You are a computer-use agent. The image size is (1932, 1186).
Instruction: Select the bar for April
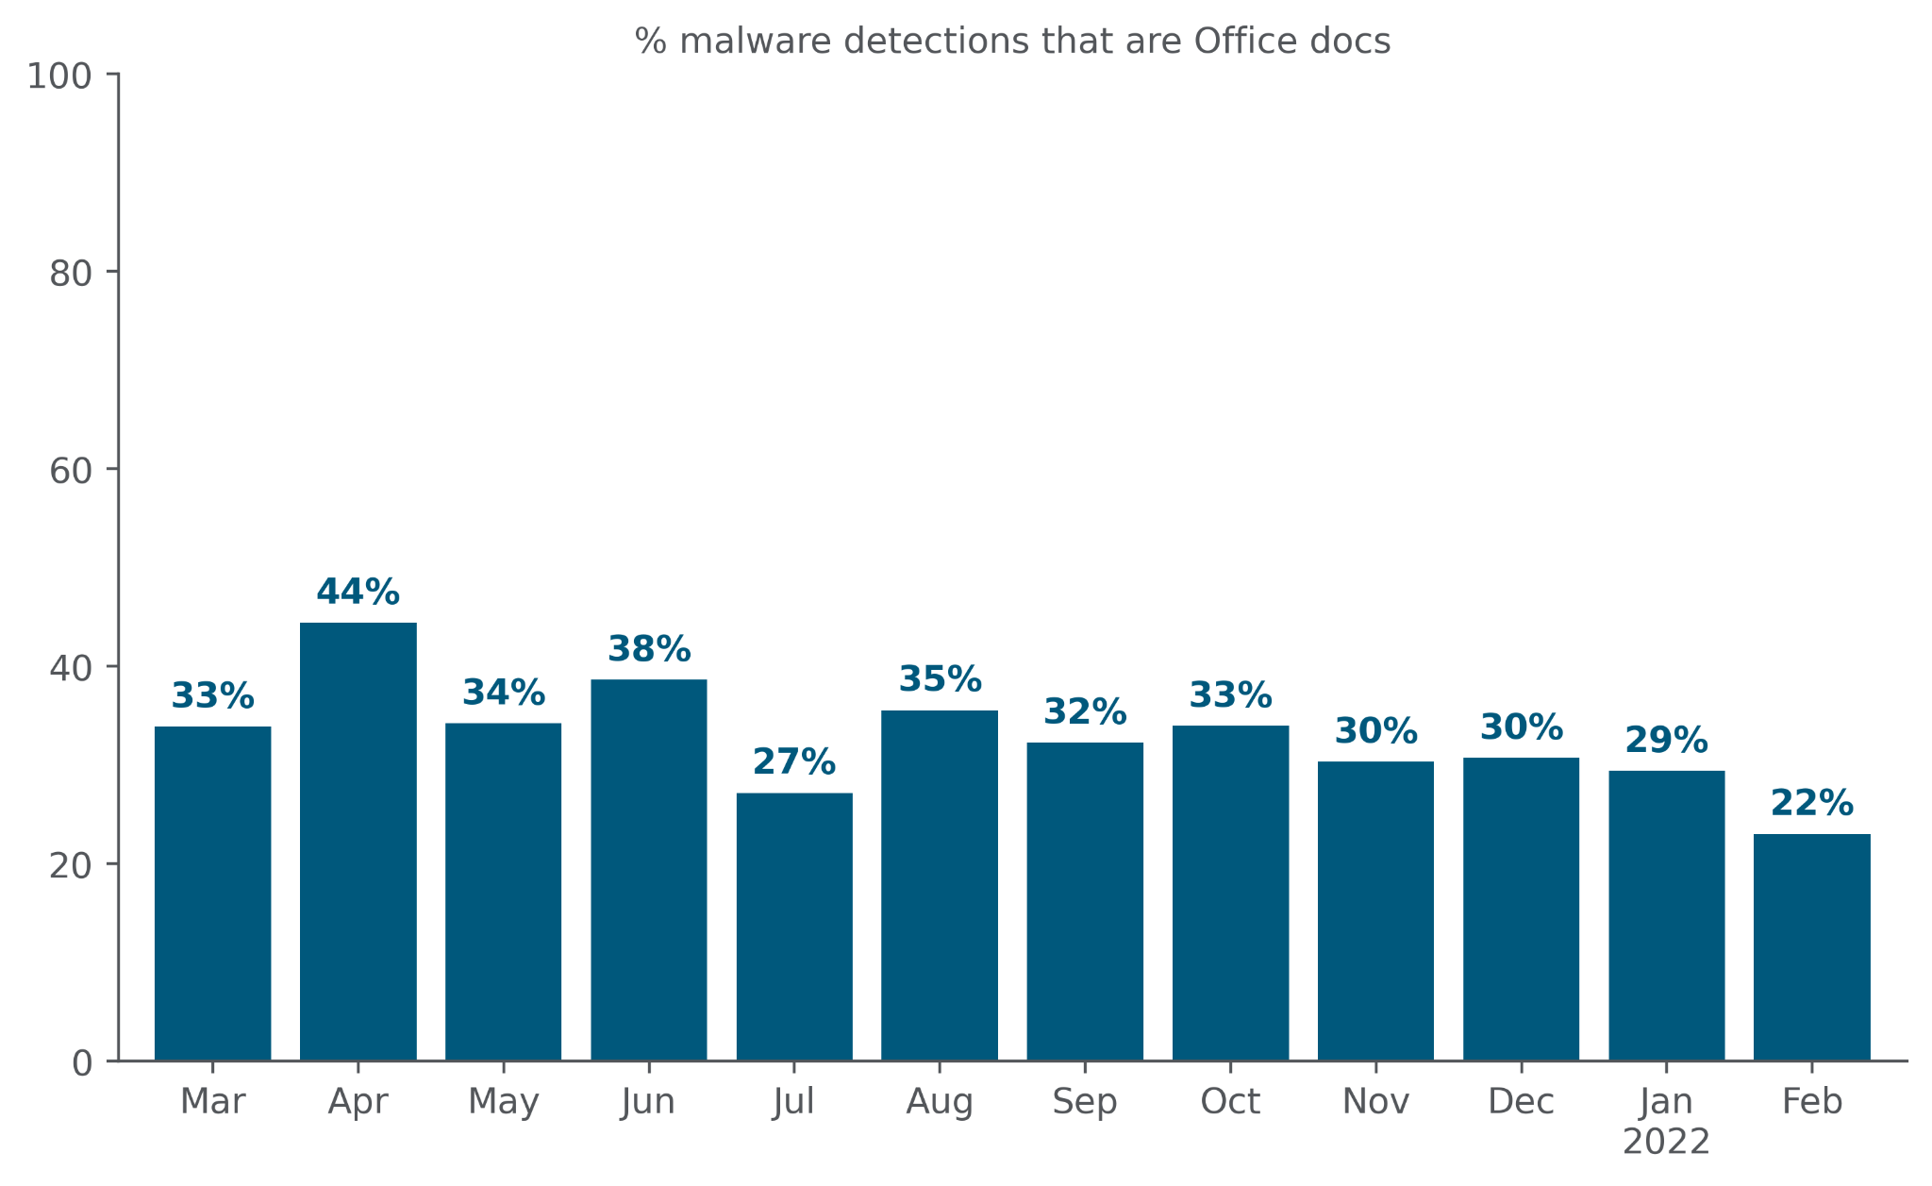coord(358,841)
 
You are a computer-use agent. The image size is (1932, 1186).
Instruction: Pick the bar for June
coord(649,869)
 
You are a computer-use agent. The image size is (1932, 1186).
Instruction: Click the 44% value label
coord(358,593)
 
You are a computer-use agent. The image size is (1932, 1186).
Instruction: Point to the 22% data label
coord(1811,804)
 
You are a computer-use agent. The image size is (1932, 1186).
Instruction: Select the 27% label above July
coord(794,762)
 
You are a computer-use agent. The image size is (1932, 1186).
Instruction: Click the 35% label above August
coord(940,679)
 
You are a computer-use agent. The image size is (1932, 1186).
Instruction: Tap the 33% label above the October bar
coord(1230,696)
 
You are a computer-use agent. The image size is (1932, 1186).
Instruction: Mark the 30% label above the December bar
coord(1521,727)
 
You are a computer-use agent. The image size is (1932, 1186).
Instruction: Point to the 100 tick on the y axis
coord(59,76)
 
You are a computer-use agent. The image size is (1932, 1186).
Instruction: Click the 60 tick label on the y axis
coord(71,471)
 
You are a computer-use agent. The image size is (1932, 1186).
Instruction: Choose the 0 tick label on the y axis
coord(83,1063)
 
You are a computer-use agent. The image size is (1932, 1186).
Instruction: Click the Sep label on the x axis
coord(1085,1102)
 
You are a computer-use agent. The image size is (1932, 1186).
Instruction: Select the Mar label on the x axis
coord(213,1102)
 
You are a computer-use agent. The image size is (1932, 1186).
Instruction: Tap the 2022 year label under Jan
coord(1666,1143)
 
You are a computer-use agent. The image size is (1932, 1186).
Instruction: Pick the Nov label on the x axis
coord(1375,1102)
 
